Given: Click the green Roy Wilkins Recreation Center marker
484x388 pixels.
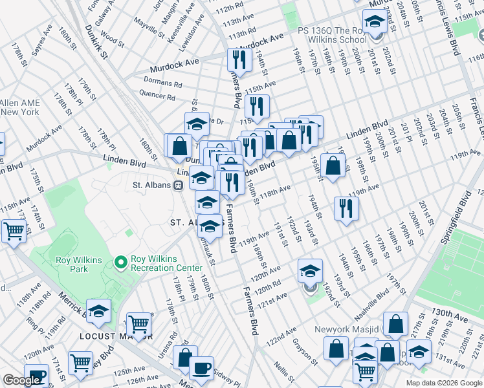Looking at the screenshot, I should click(120, 263).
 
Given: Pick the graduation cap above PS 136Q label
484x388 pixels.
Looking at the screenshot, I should click(375, 22).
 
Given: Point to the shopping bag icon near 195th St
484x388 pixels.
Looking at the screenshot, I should click(333, 166).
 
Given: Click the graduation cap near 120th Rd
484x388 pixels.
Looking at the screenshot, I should click(310, 270).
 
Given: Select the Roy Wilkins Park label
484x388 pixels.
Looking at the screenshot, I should click(81, 264).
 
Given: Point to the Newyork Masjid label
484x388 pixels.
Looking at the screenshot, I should click(346, 329).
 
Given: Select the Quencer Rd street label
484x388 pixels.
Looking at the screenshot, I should click(158, 97).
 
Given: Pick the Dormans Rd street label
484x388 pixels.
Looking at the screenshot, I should click(163, 83).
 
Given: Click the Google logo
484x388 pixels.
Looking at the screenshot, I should click(21, 380).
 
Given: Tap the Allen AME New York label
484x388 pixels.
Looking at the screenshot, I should click(20, 107).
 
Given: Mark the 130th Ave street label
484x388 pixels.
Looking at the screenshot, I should click(450, 313).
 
